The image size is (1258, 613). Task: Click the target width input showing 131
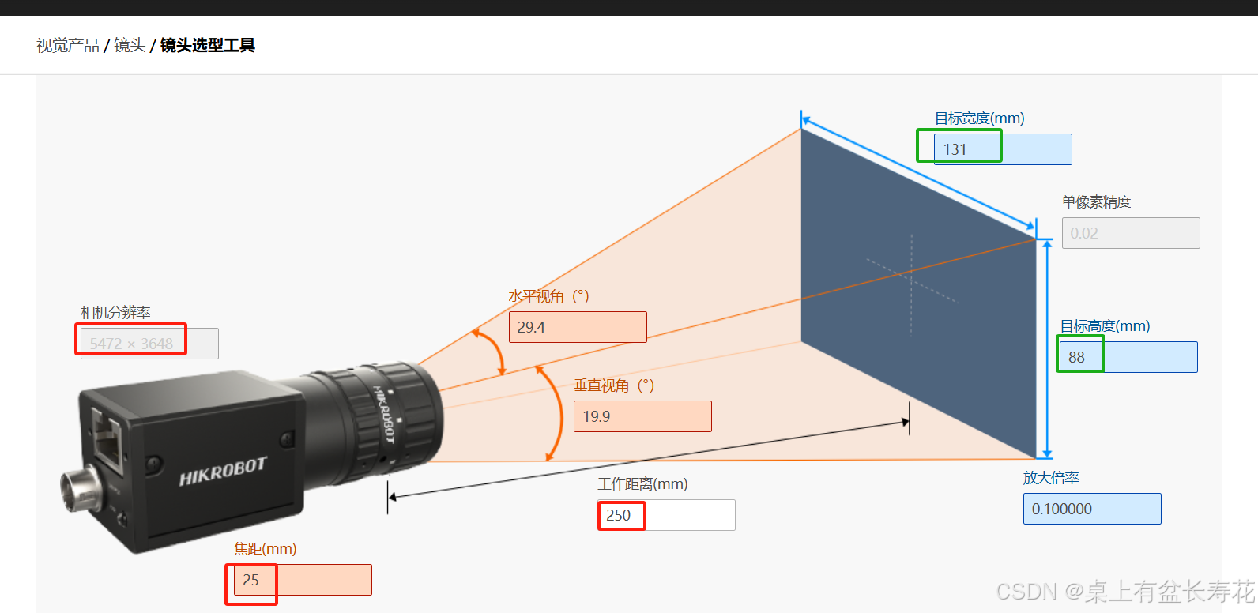1002,149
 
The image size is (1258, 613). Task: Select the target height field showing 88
1128,357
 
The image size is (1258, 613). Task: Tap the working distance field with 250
665,515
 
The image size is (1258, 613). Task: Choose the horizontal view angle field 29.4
577,327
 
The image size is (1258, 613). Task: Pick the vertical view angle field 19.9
642,416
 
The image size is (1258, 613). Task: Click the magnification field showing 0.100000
1091,509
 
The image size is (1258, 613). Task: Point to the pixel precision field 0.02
1130,233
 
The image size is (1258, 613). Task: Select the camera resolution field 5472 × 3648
149,344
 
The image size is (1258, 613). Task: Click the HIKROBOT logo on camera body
223,472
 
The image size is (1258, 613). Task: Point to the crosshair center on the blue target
911,278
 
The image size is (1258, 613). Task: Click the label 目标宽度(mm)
979,118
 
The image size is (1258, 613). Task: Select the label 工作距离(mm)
642,483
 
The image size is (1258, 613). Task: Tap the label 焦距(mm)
265,548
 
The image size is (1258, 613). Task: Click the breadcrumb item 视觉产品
68,46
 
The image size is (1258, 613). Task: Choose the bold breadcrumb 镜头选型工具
207,46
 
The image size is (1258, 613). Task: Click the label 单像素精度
1096,202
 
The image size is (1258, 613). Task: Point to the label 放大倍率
1050,478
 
